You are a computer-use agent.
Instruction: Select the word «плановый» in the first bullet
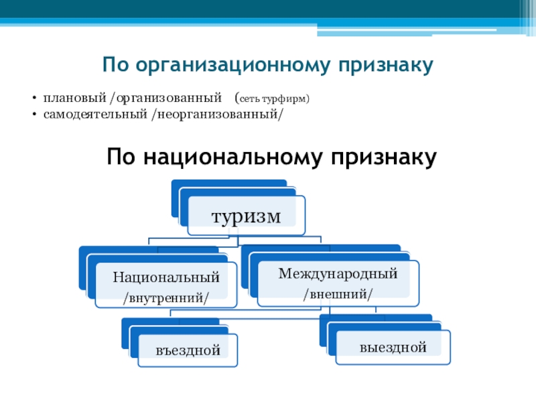click(66, 99)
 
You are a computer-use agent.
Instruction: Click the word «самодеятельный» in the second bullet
click(95, 115)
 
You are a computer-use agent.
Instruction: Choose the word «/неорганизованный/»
click(218, 115)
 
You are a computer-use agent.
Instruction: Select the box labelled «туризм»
click(246, 216)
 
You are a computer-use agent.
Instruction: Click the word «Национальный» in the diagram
click(166, 276)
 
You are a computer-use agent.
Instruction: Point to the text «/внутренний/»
click(166, 296)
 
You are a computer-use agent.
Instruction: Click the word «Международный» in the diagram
click(338, 273)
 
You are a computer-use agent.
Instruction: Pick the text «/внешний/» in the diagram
click(338, 293)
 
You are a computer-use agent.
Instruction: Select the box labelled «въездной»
click(188, 350)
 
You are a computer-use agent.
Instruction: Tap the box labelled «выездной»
click(393, 347)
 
